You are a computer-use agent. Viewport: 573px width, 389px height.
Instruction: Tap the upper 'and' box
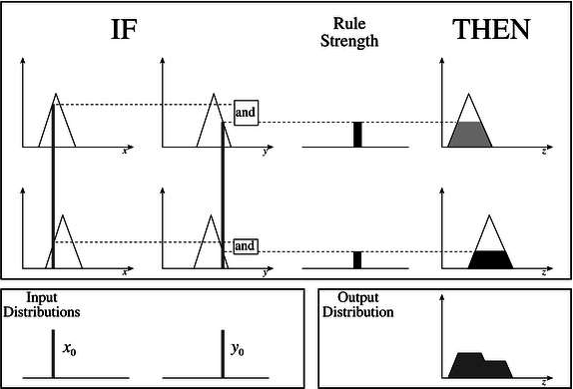click(x=245, y=113)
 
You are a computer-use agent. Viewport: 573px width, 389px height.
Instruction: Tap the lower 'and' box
click(x=245, y=244)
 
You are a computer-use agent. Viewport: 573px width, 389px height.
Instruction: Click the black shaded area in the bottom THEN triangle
click(x=490, y=260)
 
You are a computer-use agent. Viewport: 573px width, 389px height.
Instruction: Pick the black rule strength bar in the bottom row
click(x=357, y=260)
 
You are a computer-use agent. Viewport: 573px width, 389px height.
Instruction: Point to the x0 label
click(x=69, y=349)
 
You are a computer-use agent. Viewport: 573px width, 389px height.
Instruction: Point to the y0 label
click(x=238, y=349)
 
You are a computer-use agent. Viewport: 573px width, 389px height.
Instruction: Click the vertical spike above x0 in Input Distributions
click(x=52, y=355)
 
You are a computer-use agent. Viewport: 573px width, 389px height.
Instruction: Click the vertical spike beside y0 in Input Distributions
click(x=222, y=355)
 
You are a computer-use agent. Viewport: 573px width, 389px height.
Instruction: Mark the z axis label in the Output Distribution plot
click(x=543, y=382)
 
